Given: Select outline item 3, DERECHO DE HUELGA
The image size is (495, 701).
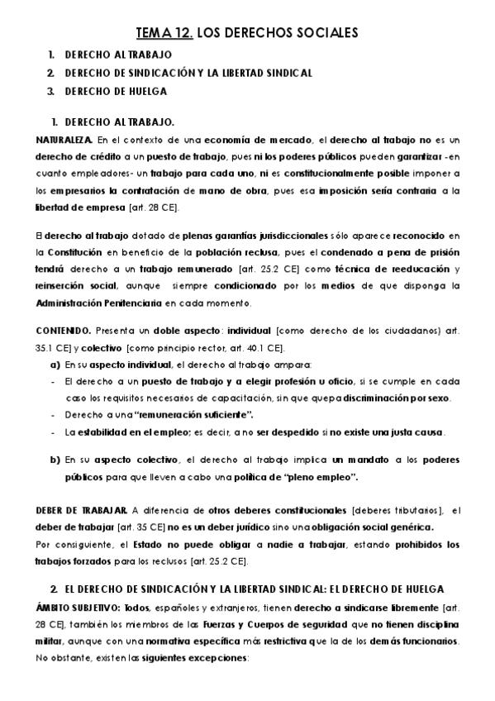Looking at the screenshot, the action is tap(108, 91).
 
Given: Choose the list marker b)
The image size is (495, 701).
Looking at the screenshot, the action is tap(55, 460).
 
